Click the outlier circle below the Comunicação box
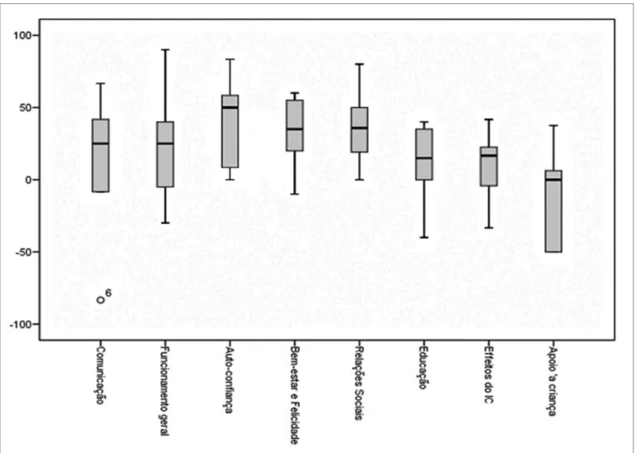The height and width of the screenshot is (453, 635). tap(100, 300)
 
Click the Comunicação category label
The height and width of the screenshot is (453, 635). tap(100, 376)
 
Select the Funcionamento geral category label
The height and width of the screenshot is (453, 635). tap(165, 390)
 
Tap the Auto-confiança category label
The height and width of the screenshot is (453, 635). tap(230, 379)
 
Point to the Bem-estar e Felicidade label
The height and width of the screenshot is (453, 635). tap(295, 395)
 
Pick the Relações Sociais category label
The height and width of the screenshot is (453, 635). tap(359, 383)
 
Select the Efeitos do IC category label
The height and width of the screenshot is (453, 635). tap(489, 375)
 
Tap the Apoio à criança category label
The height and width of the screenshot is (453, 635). tap(552, 380)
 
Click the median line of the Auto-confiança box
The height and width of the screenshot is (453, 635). tap(230, 107)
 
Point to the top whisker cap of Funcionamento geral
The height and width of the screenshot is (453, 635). tap(165, 49)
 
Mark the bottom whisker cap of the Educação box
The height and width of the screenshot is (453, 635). tap(424, 237)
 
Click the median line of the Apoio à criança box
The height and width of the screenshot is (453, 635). tap(553, 179)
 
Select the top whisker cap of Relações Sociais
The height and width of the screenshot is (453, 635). tap(360, 64)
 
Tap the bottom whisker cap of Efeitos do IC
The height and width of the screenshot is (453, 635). tap(489, 228)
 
